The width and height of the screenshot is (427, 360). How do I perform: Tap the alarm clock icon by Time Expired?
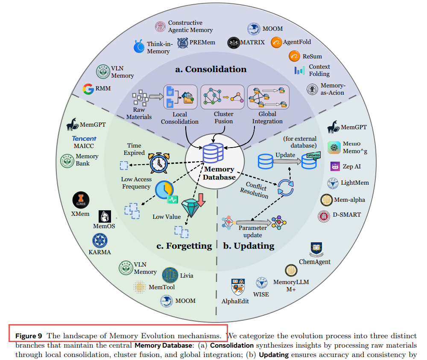click(158, 163)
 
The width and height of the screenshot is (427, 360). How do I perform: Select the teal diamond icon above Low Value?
click(191, 207)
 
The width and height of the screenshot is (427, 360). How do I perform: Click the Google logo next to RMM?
click(88, 89)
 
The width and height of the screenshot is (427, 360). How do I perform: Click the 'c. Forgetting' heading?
click(184, 246)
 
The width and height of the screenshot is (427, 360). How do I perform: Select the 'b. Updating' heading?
click(249, 246)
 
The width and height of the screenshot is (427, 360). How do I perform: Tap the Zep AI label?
click(351, 166)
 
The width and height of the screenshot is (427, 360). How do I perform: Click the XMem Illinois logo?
click(81, 199)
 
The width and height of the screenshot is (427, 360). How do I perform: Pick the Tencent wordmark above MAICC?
click(84, 139)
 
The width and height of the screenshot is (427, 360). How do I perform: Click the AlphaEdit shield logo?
click(237, 287)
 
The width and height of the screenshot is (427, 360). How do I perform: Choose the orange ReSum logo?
click(294, 56)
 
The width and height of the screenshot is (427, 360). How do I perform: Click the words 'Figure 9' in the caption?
click(29, 335)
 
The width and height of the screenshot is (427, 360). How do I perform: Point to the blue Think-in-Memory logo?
click(139, 46)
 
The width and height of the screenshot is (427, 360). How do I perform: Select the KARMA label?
click(100, 252)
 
